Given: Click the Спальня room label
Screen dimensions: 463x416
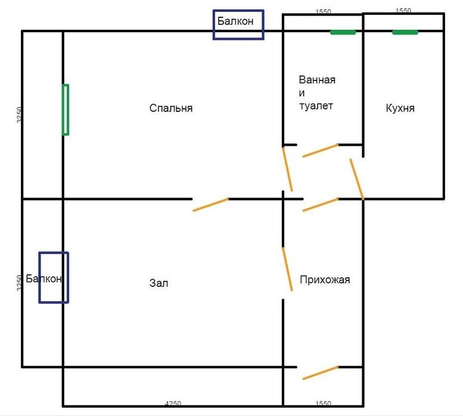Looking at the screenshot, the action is pos(171,108).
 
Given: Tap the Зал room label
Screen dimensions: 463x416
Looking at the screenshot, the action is pos(159,283).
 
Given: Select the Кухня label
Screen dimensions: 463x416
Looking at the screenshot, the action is pos(400,108).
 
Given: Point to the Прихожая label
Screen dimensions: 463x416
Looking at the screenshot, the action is pos(325,280).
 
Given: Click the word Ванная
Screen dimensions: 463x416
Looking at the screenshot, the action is pos(317,80).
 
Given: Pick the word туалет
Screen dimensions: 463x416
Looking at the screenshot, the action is pos(316,105).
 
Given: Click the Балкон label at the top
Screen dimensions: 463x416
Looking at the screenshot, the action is pos(235,21).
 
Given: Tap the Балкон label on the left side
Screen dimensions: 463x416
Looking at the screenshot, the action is pos(43,279).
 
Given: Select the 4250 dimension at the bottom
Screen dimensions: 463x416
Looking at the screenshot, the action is pos(173,403).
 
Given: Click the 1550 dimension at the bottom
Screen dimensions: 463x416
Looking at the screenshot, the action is pos(323,403).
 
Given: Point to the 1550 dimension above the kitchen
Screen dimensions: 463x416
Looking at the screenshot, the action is pos(403,11).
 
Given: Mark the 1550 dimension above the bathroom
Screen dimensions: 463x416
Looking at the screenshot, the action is pos(324,11).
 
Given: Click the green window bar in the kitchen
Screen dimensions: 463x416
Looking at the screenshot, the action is pos(405,32).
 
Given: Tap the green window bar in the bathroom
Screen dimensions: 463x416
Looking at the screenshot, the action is pos(343,32).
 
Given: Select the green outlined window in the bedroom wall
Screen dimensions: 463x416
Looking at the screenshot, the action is pos(66,110).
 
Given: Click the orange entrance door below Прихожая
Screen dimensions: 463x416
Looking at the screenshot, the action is pos(321,373).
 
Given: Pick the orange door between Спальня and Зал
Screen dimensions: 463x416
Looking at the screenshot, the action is pos(210,205).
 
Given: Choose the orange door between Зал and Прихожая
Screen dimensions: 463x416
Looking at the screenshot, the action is pos(287,269).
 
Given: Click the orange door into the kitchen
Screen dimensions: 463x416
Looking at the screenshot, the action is pos(357,180).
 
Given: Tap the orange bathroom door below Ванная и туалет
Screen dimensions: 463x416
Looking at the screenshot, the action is pos(321,151).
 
